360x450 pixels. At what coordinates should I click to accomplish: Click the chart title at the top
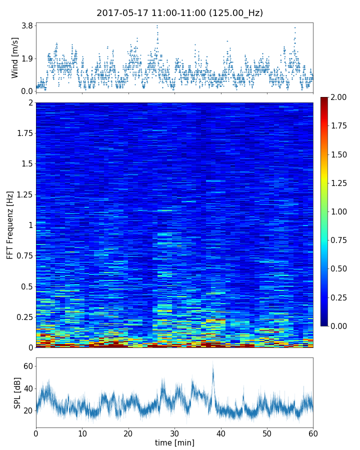point(179,13)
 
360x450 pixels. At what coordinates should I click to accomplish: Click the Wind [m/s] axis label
point(15,57)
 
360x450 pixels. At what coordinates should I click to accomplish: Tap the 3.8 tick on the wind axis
point(26,25)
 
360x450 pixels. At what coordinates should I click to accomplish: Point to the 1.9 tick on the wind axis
point(26,58)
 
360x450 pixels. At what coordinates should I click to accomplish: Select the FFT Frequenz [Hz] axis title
point(10,224)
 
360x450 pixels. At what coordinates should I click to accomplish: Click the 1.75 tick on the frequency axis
point(23,133)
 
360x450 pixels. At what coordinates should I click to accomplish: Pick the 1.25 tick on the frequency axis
point(23,194)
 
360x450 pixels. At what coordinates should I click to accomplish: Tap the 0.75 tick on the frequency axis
point(23,256)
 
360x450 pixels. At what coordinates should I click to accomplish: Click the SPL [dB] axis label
point(17,392)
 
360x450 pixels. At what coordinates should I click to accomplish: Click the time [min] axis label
point(174,442)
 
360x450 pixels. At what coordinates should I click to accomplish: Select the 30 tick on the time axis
point(174,433)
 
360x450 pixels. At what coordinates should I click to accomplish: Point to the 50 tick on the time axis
point(267,433)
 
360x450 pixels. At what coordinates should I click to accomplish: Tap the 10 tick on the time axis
point(82,433)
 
